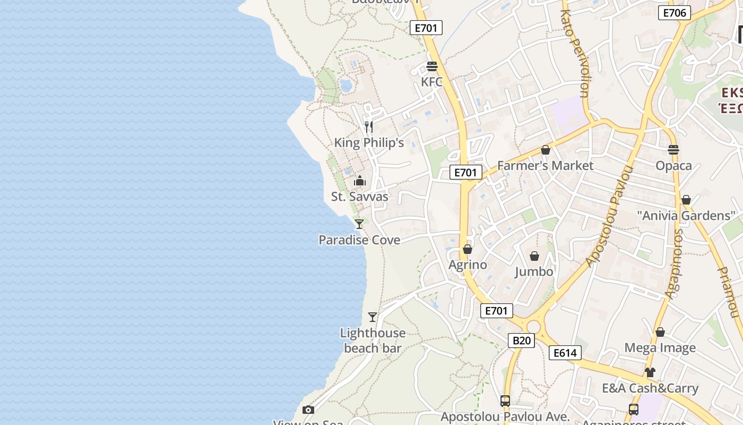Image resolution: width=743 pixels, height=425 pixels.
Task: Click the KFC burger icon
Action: coord(431,67)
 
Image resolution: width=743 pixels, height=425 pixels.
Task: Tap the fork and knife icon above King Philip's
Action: coord(369,127)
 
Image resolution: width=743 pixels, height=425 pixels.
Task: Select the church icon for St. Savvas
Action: coord(360,181)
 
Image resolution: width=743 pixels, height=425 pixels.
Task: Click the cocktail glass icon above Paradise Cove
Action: coord(359,224)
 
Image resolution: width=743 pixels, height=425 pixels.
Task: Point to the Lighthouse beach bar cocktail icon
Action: coord(373,317)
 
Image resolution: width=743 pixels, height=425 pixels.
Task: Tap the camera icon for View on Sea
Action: coord(308,410)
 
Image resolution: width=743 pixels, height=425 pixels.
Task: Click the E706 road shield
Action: coord(674,13)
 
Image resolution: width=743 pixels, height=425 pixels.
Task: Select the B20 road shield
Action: coord(521,341)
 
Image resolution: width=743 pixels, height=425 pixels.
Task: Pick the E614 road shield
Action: coord(565,353)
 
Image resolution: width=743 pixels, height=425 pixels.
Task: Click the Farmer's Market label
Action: coord(545,166)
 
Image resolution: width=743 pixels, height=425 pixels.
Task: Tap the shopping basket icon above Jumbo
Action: coord(534,256)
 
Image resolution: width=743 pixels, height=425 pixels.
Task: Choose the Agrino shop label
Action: coord(468,265)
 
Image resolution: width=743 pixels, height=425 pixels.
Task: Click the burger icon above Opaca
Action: coord(673,150)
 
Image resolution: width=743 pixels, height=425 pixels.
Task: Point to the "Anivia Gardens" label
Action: coord(686,216)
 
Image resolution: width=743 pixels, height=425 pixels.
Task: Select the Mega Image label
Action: coord(660,348)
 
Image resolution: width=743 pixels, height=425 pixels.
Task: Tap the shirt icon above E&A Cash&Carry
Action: coord(650,372)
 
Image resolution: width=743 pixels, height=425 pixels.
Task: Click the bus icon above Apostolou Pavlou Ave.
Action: coord(505,401)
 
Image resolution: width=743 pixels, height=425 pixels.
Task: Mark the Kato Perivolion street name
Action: coord(574,53)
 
